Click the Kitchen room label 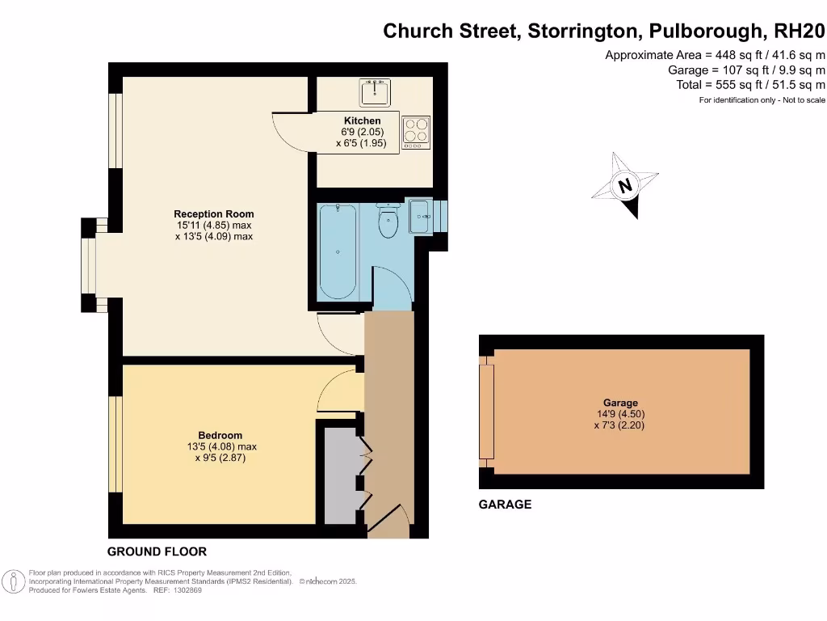[362, 121]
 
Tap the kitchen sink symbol [375, 92]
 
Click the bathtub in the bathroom [337, 252]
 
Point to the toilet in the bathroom [388, 222]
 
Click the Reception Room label [214, 215]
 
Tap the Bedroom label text [220, 436]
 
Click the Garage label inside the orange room [620, 403]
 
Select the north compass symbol [625, 186]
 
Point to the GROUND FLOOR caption [157, 551]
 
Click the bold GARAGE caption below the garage [506, 505]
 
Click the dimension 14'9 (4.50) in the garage [620, 414]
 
